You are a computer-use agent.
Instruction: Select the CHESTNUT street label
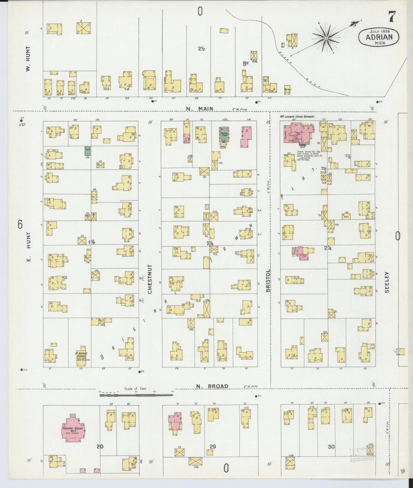coord(150,279)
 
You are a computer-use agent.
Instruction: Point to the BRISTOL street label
coord(268,281)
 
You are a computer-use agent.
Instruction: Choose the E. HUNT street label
coord(28,250)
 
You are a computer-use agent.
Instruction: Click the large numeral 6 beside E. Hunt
coord(20,225)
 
